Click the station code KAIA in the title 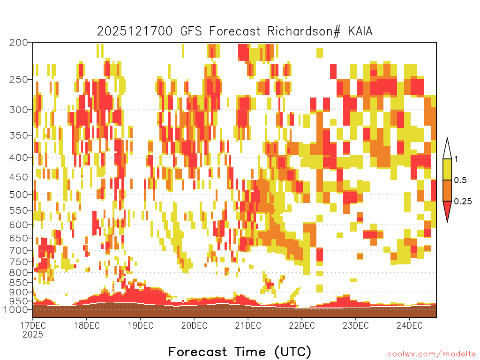click(360, 31)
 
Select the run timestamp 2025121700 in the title click(135, 31)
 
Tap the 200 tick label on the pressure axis click(18, 43)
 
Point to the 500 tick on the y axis click(18, 195)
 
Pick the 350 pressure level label click(18, 135)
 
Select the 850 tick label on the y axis click(18, 282)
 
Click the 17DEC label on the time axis click(33, 325)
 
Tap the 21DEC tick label click(248, 325)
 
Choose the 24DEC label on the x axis click(409, 325)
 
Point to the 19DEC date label click(141, 325)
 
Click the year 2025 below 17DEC click(33, 335)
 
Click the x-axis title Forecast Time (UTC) click(240, 352)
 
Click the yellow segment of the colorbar click(447, 169)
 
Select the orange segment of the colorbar click(447, 190)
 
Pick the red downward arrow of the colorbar click(447, 210)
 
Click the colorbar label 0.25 click(463, 201)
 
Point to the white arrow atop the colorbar click(447, 150)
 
